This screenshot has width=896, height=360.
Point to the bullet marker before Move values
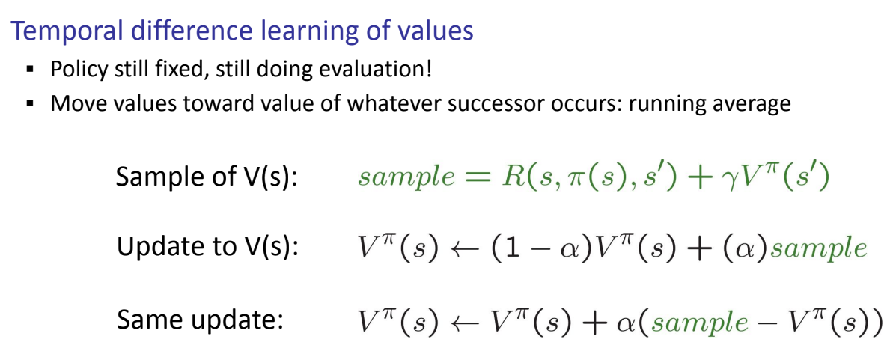coord(28,105)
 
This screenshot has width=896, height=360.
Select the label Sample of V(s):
coord(207,177)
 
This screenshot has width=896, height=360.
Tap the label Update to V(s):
coord(207,249)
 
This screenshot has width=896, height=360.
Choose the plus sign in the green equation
coord(686,177)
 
